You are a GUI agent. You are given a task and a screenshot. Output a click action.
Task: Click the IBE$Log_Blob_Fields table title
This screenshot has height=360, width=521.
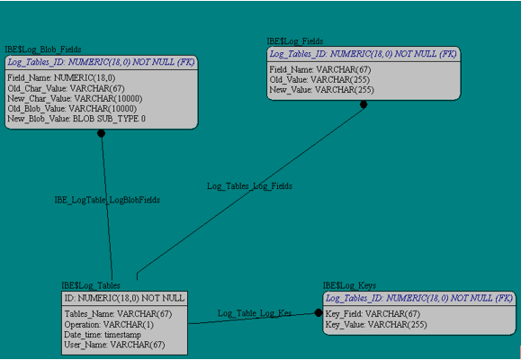pos(43,49)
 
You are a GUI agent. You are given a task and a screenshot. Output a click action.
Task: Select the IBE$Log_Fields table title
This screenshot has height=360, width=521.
pos(295,41)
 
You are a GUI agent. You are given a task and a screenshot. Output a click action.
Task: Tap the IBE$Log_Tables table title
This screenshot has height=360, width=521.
pos(91,285)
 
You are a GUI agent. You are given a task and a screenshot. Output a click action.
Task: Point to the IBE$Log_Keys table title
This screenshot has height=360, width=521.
pos(349,285)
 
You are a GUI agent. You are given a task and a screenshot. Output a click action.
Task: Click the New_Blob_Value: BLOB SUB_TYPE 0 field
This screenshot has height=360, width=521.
pos(76,119)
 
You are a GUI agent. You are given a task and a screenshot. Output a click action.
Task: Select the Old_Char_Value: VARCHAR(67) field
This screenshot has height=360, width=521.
pos(66,88)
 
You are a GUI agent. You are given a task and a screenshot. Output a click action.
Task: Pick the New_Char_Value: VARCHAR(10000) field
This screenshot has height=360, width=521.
pos(75,99)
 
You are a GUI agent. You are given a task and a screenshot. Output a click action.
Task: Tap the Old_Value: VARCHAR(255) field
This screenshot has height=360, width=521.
pos(319,80)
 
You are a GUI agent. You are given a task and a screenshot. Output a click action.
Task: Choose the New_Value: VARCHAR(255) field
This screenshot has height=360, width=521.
pos(321,90)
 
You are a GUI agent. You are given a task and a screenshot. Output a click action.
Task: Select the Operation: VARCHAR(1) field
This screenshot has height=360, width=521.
pos(109,324)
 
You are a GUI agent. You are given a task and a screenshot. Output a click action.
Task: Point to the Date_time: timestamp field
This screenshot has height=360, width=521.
pos(103,335)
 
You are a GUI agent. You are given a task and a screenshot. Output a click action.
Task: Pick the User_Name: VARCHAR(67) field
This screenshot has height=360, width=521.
pos(114,345)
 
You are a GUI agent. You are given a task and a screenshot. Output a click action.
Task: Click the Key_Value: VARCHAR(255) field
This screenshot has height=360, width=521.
pos(376,324)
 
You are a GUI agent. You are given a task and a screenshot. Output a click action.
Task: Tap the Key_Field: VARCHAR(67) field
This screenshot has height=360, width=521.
pos(373,314)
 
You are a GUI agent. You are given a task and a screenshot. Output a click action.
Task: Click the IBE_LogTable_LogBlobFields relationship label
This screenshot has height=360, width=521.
pos(107,200)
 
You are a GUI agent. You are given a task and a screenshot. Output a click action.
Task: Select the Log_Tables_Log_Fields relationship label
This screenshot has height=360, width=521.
pos(249,186)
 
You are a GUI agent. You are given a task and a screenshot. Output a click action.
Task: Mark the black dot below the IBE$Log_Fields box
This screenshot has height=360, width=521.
pos(364,104)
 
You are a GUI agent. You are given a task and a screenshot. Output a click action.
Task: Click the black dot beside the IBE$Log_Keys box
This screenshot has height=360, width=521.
pos(319,313)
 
